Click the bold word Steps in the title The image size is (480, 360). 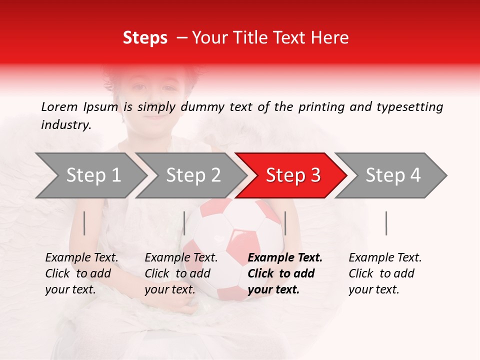pyautogui.click(x=145, y=38)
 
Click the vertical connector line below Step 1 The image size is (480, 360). pyautogui.click(x=84, y=223)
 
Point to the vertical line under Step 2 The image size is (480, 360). pyautogui.click(x=184, y=223)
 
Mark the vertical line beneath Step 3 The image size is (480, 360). pyautogui.click(x=285, y=223)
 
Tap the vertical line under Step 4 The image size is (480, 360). pyautogui.click(x=386, y=223)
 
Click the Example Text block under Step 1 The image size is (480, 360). pyautogui.click(x=81, y=273)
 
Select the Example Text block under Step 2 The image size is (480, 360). pyautogui.click(x=181, y=273)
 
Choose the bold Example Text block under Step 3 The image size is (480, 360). pyautogui.click(x=285, y=273)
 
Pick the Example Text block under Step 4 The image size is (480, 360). pyautogui.click(x=385, y=273)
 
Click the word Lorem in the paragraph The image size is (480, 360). pyautogui.click(x=59, y=106)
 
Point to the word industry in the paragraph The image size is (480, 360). pyautogui.click(x=65, y=125)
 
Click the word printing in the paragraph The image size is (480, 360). pyautogui.click(x=320, y=106)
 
